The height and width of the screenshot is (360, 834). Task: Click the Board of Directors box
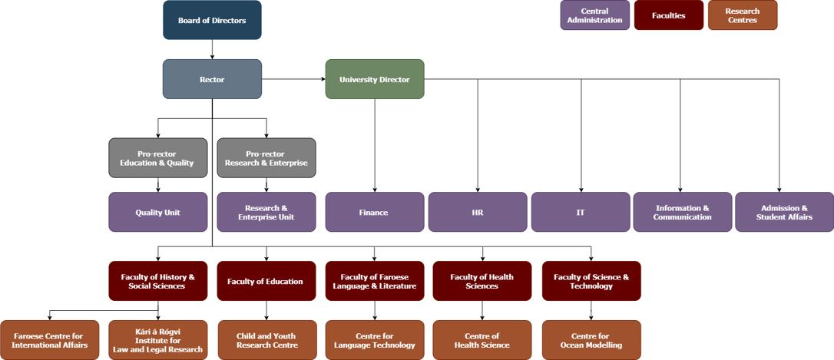click(x=212, y=20)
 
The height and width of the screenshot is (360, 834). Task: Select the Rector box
click(x=212, y=79)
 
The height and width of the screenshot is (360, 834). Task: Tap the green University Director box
click(x=375, y=79)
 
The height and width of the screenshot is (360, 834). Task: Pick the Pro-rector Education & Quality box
click(x=158, y=158)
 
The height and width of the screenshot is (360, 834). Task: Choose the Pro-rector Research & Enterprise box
click(x=266, y=158)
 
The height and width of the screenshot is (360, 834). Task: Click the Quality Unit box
click(x=158, y=212)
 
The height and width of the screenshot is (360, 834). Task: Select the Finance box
click(x=375, y=212)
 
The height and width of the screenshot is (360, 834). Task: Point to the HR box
click(x=478, y=212)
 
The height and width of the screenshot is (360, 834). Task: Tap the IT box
click(x=581, y=212)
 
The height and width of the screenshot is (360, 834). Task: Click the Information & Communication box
click(x=682, y=212)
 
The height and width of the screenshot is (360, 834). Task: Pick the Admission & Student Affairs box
click(x=784, y=212)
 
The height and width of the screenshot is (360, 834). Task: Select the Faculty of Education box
click(x=266, y=281)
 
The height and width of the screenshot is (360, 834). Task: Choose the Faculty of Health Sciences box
click(x=482, y=281)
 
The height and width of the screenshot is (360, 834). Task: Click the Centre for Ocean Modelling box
click(x=591, y=340)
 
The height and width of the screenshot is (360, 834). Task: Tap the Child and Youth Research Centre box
click(x=266, y=340)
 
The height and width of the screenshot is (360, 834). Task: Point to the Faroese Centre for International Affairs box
click(x=50, y=340)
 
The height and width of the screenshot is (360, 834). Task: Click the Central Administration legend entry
click(x=595, y=15)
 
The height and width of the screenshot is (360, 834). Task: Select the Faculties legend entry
click(x=669, y=15)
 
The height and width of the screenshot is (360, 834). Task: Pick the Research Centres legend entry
click(x=743, y=15)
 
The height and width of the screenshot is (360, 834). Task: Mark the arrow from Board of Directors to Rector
click(x=212, y=49)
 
